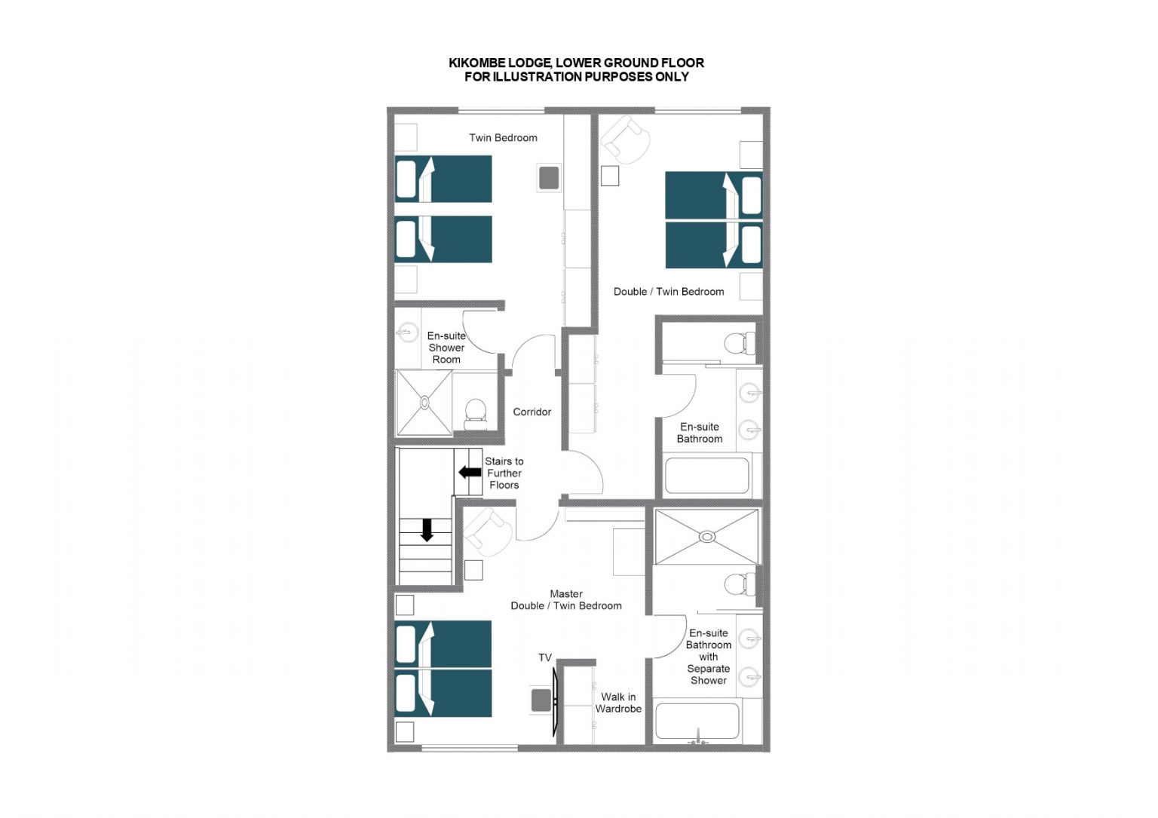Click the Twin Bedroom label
[x=503, y=137]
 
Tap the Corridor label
[x=532, y=412]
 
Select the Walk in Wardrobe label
[x=618, y=703]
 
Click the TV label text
[x=545, y=657]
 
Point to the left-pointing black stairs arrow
[x=470, y=472]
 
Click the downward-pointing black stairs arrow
[x=427, y=531]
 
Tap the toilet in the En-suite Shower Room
[x=475, y=414]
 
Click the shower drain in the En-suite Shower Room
[x=424, y=403]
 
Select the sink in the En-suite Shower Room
[x=407, y=332]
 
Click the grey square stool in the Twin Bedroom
[x=549, y=178]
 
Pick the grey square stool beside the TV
[x=541, y=700]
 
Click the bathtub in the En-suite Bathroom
[x=706, y=475]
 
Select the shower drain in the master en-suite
[x=707, y=537]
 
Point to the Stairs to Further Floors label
[x=504, y=473]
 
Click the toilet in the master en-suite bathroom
[x=740, y=585]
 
